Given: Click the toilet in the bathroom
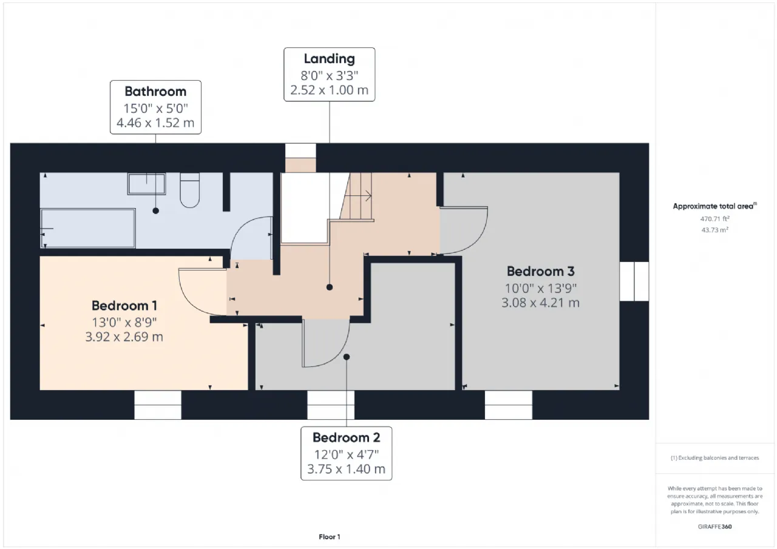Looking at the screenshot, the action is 190,190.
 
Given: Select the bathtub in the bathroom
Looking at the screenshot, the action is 88,228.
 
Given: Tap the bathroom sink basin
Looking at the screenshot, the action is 146,184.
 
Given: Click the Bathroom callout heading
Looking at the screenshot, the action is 155,92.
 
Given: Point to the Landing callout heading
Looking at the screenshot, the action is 329,59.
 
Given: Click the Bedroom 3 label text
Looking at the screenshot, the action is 540,271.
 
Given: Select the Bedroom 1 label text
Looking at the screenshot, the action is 124,306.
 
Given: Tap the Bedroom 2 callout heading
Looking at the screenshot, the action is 346,437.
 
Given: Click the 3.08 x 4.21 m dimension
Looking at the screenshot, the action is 540,303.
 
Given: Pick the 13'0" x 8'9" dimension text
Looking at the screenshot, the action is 124,322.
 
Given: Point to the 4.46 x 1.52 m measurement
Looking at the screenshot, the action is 155,123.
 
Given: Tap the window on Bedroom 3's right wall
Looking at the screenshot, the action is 634,281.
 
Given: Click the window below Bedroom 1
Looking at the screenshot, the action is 158,405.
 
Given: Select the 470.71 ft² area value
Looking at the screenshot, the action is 714,219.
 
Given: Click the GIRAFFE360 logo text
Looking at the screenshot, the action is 714,527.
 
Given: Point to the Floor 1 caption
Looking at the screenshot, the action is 330,536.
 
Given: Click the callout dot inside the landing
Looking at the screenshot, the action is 330,287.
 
